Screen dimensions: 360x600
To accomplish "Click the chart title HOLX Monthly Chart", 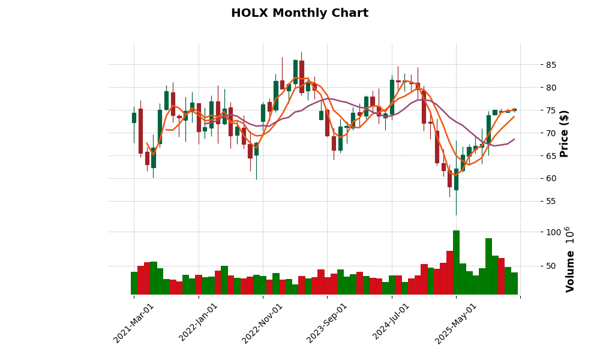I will pyautogui.click(x=299, y=13).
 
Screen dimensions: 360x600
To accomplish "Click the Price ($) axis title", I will pyautogui.click(x=564, y=133).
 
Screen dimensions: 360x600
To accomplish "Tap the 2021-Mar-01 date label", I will pyautogui.click(x=134, y=323).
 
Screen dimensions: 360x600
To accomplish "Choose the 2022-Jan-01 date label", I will pyautogui.click(x=199, y=323).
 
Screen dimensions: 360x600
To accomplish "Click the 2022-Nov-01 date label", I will pyautogui.click(x=263, y=323).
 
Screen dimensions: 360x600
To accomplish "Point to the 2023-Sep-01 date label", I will pyautogui.click(x=328, y=323).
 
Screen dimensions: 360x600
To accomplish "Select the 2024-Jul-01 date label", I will pyautogui.click(x=392, y=323).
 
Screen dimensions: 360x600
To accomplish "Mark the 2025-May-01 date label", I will pyautogui.click(x=457, y=323).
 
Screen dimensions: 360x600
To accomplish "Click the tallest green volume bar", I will pyautogui.click(x=456, y=262).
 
